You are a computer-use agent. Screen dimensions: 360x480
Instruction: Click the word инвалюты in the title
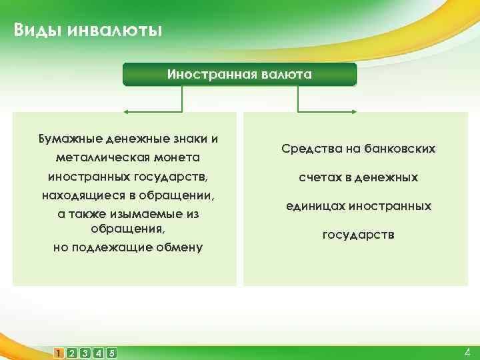[x=113, y=31]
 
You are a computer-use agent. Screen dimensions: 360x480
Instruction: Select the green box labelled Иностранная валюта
[x=239, y=74]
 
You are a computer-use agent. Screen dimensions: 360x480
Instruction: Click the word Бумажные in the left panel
[x=68, y=139]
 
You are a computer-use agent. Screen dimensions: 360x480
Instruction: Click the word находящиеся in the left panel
[x=79, y=196]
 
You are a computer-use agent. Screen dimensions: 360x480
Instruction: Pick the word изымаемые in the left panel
[x=147, y=215]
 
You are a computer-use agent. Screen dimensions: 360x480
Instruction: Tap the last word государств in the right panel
[x=358, y=235]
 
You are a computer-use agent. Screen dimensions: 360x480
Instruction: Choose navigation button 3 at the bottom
[x=85, y=353]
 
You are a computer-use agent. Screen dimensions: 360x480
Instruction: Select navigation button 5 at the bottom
[x=111, y=353]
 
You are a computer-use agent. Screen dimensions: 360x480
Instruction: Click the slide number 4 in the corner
[x=467, y=352]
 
